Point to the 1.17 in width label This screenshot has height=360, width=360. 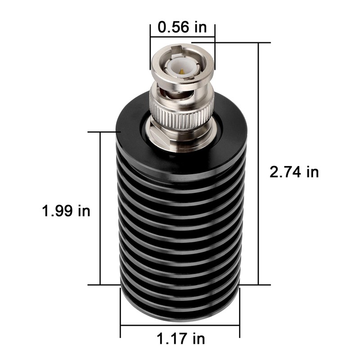(x=180, y=337)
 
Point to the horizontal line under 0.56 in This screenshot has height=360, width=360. (x=182, y=37)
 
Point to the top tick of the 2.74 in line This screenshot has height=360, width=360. (x=259, y=43)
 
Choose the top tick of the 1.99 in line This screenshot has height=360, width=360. (x=100, y=132)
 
